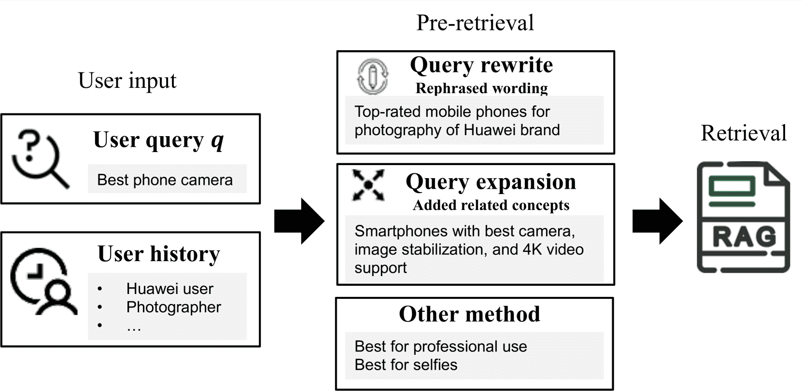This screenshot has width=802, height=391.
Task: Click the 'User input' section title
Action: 127,81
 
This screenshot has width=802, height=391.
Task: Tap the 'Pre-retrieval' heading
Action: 475,23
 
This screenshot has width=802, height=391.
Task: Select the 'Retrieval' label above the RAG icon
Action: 744,133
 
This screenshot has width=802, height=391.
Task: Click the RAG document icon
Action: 743,217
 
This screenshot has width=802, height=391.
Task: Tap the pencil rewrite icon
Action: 372,76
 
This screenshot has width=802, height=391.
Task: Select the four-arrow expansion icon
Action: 368,184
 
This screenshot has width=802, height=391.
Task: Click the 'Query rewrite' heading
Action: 481,65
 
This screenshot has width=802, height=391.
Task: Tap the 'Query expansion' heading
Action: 491,182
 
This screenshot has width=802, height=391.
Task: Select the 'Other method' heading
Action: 469,314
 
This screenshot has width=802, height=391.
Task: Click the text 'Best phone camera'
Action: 165,180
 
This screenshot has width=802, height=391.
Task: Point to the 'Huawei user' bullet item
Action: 169,289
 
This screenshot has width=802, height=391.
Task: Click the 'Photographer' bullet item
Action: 173,307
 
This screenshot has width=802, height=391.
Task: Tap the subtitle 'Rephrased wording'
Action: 481,88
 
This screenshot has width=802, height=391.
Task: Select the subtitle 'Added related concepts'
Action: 491,205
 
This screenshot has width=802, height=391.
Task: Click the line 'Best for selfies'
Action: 406,364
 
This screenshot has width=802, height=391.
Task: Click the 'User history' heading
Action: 158,254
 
